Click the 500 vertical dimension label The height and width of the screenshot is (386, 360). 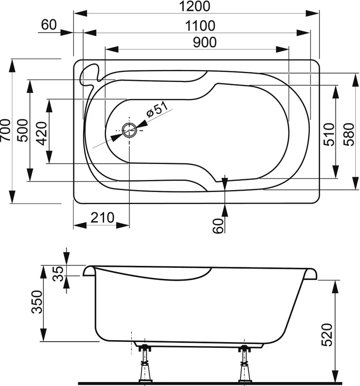click(22, 130)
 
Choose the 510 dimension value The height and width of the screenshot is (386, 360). click(329, 135)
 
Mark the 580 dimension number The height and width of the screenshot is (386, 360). click(350, 135)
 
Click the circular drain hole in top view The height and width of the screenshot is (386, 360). click(129, 130)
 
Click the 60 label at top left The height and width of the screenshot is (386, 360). click(50, 25)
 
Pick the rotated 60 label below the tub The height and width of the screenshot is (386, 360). click(218, 225)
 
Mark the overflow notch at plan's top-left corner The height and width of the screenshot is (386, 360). click(90, 73)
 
